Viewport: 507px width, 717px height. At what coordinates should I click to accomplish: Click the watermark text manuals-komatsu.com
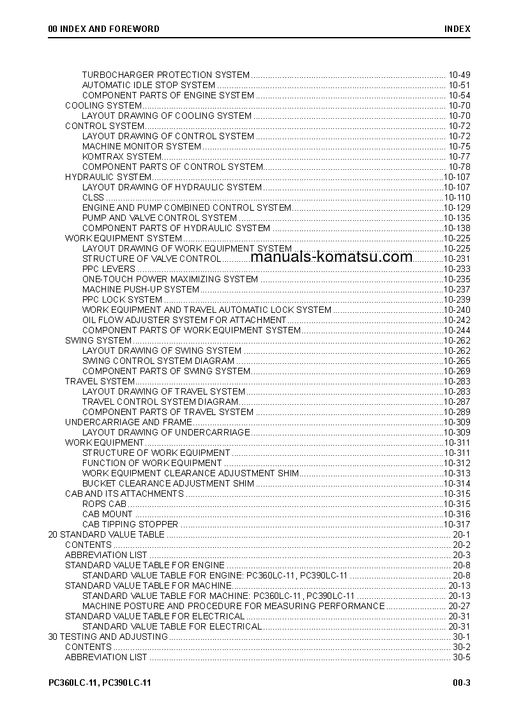coord(332,257)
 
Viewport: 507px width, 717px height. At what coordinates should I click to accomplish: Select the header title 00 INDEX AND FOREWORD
coord(104,29)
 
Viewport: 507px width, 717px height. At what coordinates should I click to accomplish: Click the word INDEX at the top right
coord(458,29)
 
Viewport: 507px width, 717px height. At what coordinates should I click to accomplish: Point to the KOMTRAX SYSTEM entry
coord(122,156)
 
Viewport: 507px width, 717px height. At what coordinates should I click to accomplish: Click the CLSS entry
coord(93,197)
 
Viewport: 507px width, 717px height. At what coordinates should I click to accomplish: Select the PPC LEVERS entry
coord(109,269)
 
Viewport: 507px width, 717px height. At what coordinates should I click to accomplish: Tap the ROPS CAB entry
coord(104,504)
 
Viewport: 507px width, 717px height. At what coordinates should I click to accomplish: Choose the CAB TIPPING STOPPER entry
coord(130,524)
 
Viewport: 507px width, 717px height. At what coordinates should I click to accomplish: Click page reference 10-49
coord(459,75)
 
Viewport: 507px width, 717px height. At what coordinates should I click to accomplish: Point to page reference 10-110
coord(457,197)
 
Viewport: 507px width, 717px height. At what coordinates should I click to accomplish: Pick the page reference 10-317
coord(457,524)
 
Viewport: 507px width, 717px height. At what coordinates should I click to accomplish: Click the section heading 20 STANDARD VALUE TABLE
coord(107,534)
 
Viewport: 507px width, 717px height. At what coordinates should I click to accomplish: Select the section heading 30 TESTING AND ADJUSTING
coord(109,637)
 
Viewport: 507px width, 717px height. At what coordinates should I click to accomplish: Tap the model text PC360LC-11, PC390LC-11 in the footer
coord(100,683)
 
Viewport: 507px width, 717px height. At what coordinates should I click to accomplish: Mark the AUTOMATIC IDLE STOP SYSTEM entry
coord(149,85)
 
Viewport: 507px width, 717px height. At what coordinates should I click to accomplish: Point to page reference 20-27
coord(459,606)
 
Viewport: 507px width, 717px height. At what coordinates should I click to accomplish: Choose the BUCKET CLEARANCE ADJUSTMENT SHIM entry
coord(168,483)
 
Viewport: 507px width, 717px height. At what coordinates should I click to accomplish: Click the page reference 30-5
coord(462,657)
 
